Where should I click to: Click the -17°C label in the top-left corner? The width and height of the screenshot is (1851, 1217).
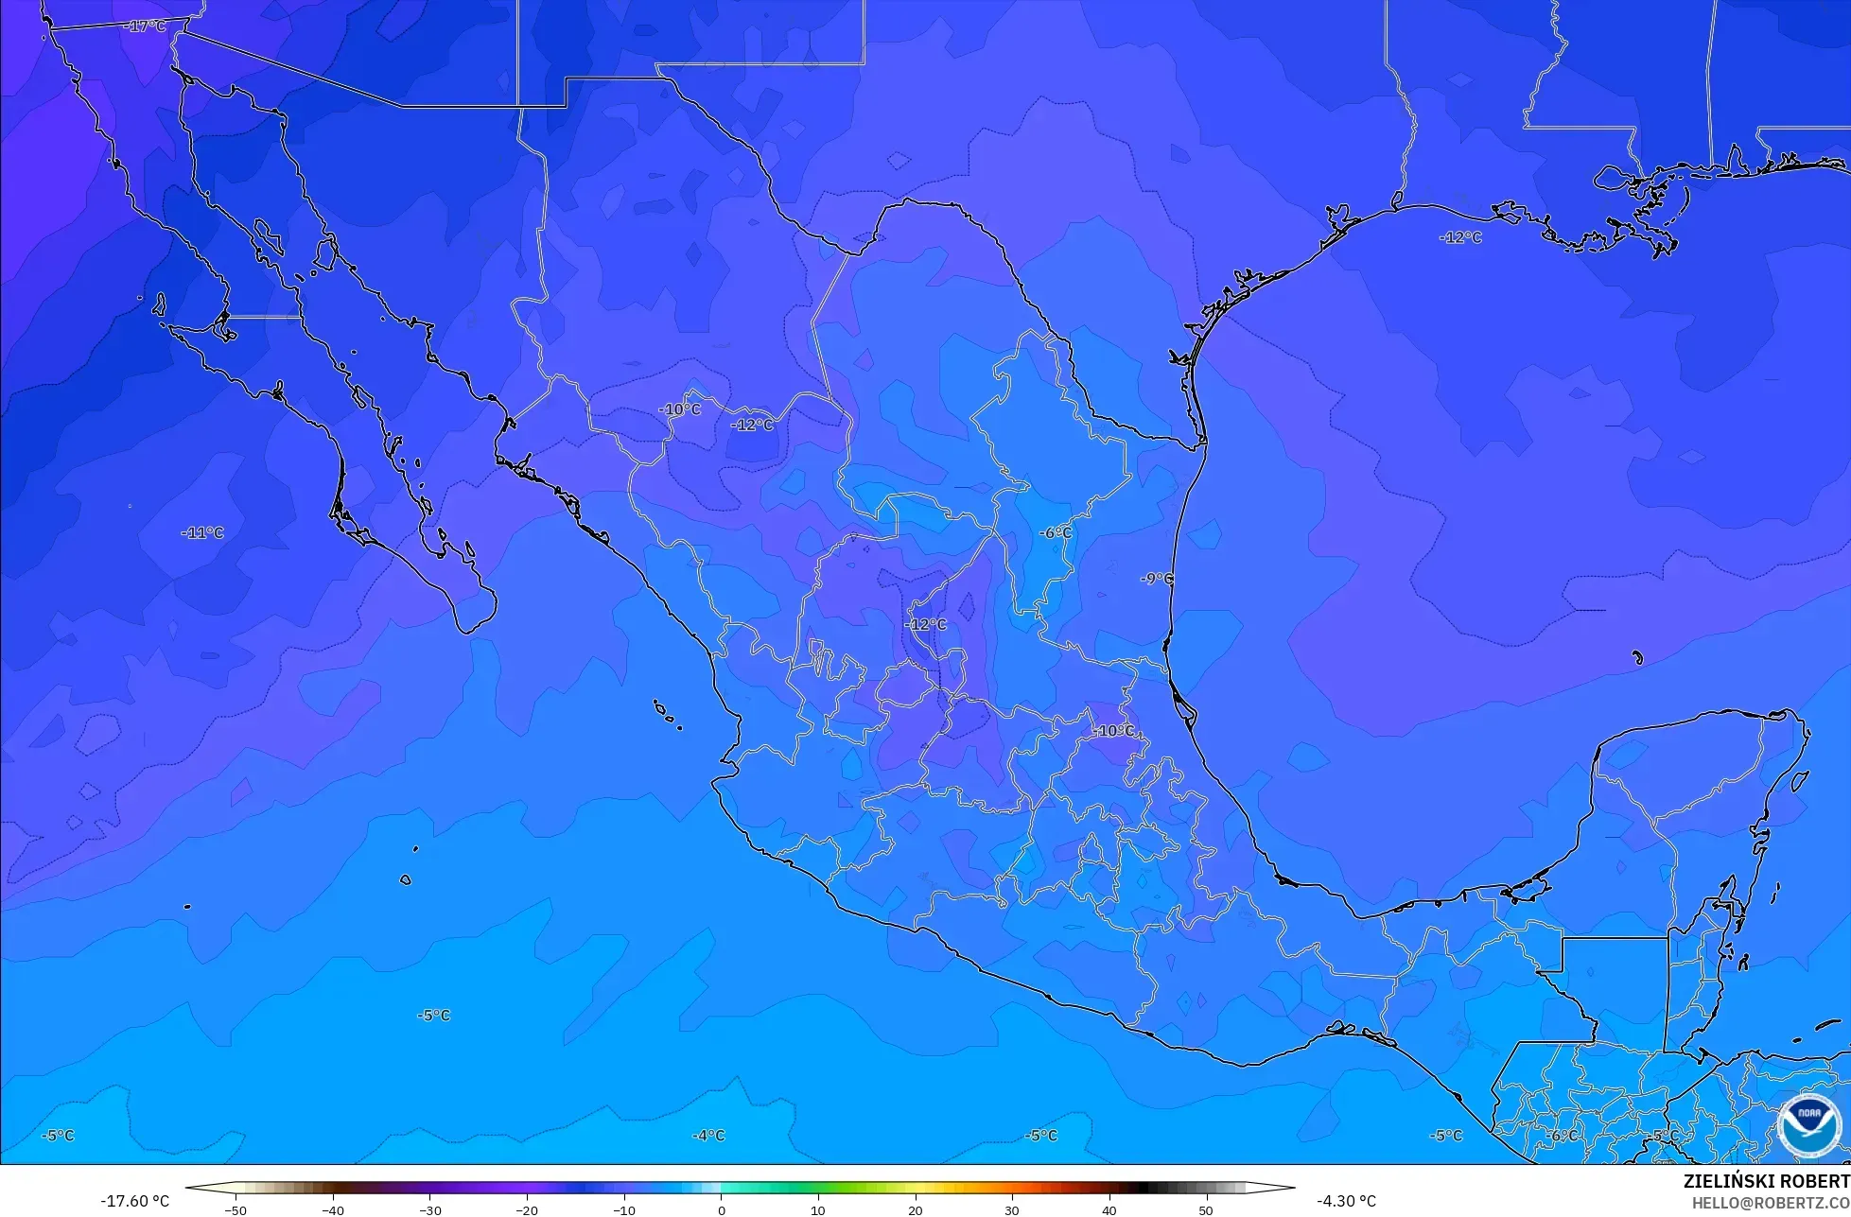[x=145, y=26]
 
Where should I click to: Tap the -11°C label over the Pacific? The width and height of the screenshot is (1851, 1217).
[x=202, y=532]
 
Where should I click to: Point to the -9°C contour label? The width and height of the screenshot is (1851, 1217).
[x=1156, y=579]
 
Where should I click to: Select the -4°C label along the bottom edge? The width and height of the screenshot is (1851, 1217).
[x=708, y=1135]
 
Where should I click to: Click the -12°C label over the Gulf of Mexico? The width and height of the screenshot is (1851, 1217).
[x=1460, y=237]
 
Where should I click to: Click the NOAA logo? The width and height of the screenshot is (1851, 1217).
[x=1808, y=1124]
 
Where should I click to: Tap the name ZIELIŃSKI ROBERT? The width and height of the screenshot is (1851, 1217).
[x=1766, y=1181]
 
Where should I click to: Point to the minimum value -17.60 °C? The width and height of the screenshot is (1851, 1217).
[x=135, y=1201]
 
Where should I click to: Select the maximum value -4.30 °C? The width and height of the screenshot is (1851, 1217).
[x=1346, y=1201]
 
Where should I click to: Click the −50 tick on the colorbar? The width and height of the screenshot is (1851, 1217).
[x=235, y=1209]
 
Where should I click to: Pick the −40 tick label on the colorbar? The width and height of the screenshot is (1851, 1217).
[x=332, y=1209]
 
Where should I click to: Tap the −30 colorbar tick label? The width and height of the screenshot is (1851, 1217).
[x=429, y=1209]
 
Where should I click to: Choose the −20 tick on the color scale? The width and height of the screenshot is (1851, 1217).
[x=526, y=1209]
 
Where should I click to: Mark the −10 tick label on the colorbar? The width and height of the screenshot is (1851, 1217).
[x=623, y=1209]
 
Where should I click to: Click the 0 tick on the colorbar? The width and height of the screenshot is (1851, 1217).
[x=721, y=1209]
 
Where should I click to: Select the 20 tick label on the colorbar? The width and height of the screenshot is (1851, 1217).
[x=915, y=1209]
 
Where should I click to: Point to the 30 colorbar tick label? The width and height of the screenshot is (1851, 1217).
[x=1012, y=1209]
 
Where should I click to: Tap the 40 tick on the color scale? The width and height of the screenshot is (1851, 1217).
[x=1109, y=1209]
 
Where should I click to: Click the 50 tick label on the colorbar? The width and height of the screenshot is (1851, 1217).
[x=1206, y=1209]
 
